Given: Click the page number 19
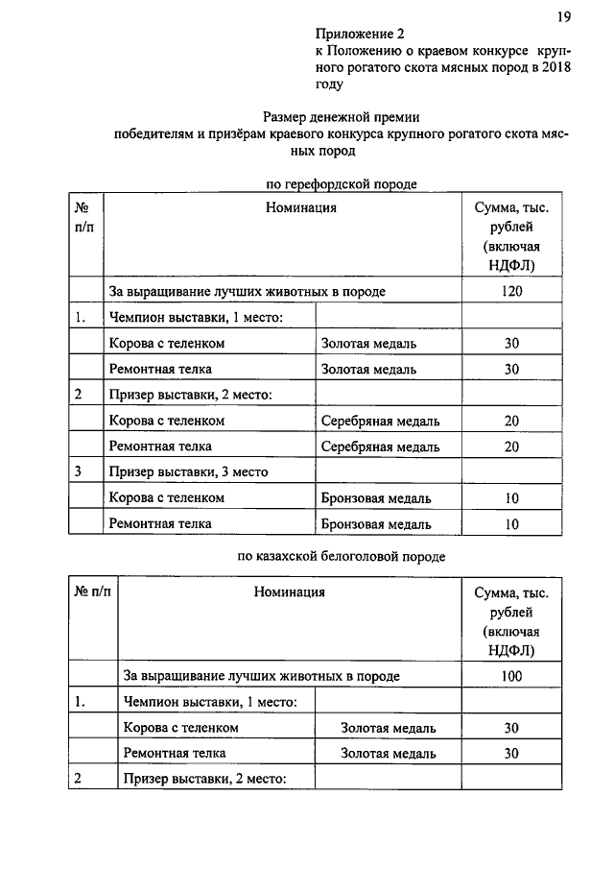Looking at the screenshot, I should (x=563, y=16).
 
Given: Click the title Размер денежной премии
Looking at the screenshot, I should (x=342, y=116).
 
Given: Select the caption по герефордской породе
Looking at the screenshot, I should (x=341, y=182).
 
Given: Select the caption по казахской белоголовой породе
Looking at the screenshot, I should (x=341, y=555).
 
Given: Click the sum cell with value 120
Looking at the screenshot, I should (x=510, y=291).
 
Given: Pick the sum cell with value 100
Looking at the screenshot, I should (x=511, y=676).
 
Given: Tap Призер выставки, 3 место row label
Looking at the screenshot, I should (x=188, y=471).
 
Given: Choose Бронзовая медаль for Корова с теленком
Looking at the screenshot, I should (x=375, y=498).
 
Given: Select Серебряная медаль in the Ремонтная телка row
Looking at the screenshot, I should (x=380, y=447).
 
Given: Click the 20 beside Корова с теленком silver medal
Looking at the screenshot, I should (x=510, y=421).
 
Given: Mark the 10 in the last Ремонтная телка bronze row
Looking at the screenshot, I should (x=510, y=524).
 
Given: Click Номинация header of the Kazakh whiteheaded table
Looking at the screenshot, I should (x=290, y=591).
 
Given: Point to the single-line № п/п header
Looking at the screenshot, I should (x=92, y=591).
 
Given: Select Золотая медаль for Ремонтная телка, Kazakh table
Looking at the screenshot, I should (x=388, y=754).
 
